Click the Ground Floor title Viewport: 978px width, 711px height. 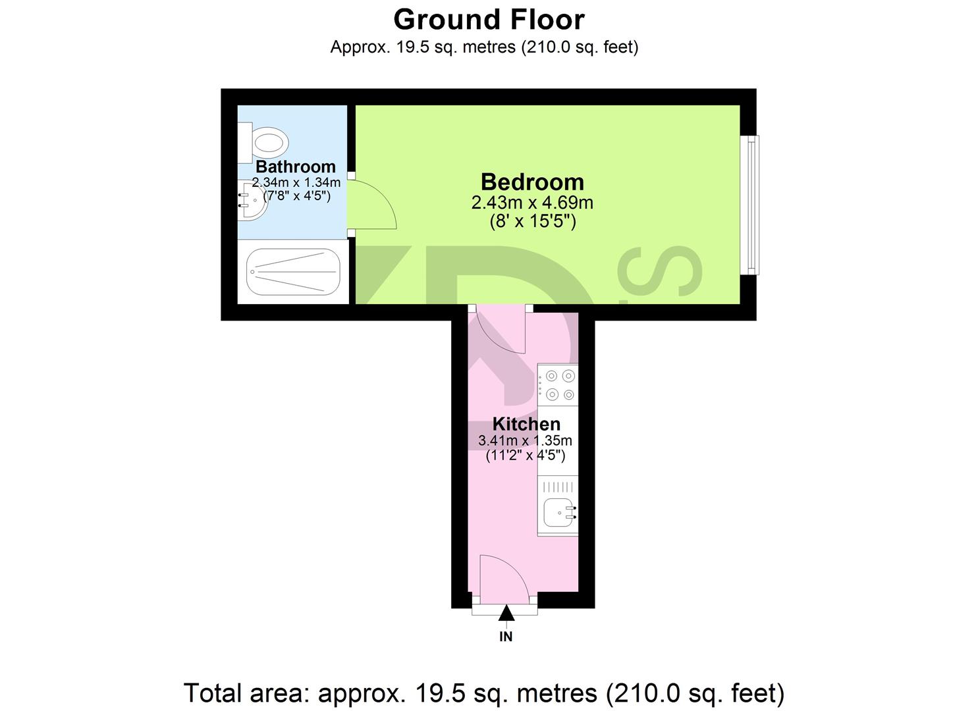click(489, 20)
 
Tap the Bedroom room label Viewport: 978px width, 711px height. click(532, 182)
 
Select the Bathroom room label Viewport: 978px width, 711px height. click(295, 167)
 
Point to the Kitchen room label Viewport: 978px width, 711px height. click(526, 424)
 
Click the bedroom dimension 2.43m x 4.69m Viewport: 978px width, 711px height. click(532, 203)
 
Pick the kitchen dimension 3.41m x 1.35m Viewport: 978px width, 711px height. click(525, 440)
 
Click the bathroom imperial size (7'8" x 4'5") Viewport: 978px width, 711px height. click(296, 196)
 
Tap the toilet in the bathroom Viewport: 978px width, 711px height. click(265, 142)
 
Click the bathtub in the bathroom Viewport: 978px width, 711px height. click(293, 271)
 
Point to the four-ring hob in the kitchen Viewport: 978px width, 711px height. click(558, 385)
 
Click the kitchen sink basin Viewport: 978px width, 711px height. click(558, 513)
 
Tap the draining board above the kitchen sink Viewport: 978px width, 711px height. click(558, 487)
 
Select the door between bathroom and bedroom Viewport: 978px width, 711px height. click(371, 205)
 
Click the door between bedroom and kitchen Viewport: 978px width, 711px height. click(501, 329)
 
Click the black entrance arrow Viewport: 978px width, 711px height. click(506, 614)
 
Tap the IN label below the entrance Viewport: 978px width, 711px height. click(506, 637)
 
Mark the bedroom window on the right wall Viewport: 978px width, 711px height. click(749, 205)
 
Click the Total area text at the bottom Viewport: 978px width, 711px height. click(484, 693)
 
